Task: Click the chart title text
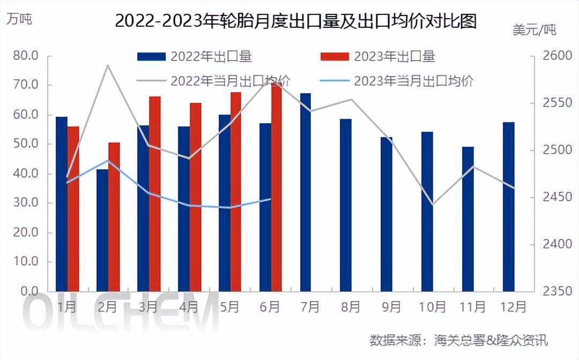click(x=296, y=21)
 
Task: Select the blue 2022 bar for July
click(x=305, y=192)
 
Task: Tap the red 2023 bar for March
click(x=154, y=194)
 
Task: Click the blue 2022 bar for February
click(x=102, y=230)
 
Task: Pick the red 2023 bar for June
click(x=277, y=187)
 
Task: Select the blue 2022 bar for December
click(x=509, y=207)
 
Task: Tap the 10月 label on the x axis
click(x=433, y=307)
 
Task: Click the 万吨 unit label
click(x=19, y=19)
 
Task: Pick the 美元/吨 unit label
click(x=535, y=30)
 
